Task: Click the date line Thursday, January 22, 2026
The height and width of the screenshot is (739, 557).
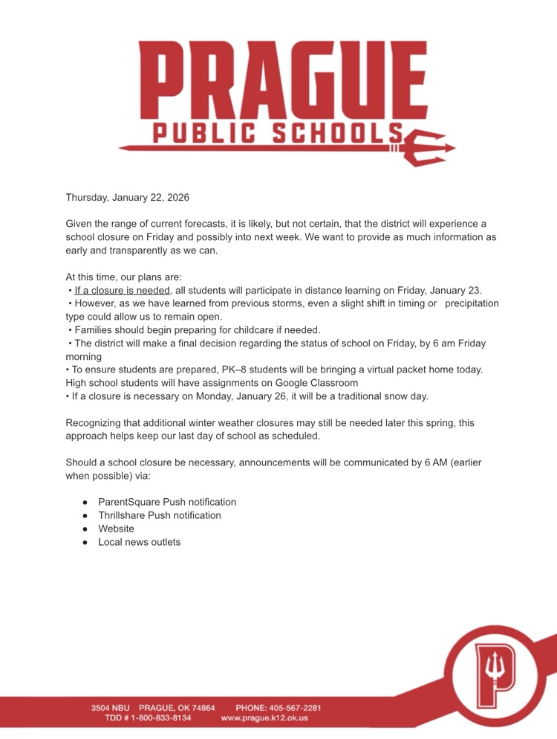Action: (x=127, y=198)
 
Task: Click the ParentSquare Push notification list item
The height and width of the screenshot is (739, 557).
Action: (x=167, y=502)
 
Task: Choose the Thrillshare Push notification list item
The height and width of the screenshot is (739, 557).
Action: (x=159, y=515)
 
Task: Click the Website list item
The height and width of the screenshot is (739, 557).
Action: (x=116, y=529)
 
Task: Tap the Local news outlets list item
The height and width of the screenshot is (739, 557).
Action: (x=139, y=542)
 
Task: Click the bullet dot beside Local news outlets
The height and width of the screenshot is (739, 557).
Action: (x=85, y=543)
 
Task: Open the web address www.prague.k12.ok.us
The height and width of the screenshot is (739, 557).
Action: (x=264, y=718)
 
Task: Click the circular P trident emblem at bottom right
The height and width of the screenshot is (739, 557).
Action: (x=494, y=675)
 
